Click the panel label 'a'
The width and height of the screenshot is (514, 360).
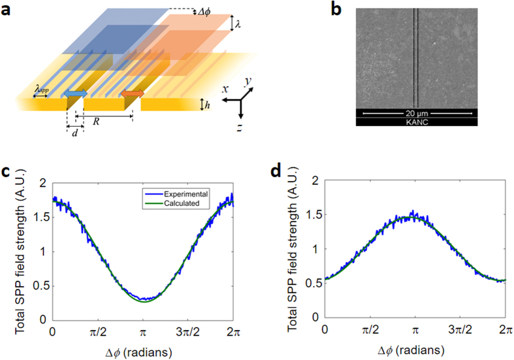pos(7,10)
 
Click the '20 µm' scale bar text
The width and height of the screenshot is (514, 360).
pos(417,113)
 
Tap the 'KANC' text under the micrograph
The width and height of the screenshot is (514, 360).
pos(418,122)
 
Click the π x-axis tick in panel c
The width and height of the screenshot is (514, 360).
pos(142,333)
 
